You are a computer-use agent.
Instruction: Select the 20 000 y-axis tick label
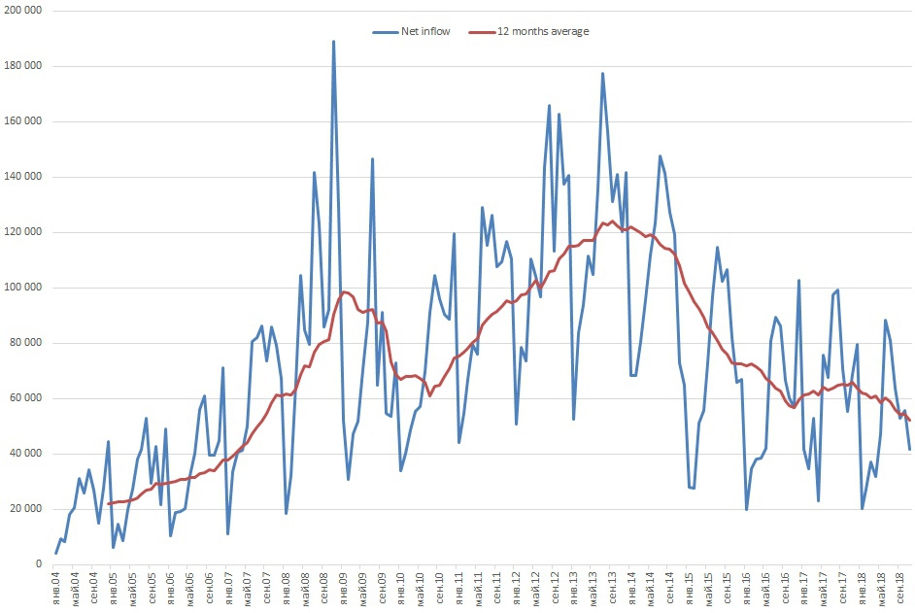(27, 509)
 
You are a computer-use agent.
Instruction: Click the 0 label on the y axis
(39, 564)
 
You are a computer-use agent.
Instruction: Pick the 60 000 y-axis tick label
(27, 398)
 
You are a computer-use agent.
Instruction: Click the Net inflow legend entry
(425, 31)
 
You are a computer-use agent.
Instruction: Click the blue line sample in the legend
(385, 31)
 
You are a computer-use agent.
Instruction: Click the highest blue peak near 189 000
(333, 42)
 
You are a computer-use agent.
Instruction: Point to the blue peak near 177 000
(602, 74)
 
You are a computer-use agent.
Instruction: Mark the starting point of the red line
(109, 503)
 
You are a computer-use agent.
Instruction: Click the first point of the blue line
(56, 553)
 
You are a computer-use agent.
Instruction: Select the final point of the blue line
(910, 449)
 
